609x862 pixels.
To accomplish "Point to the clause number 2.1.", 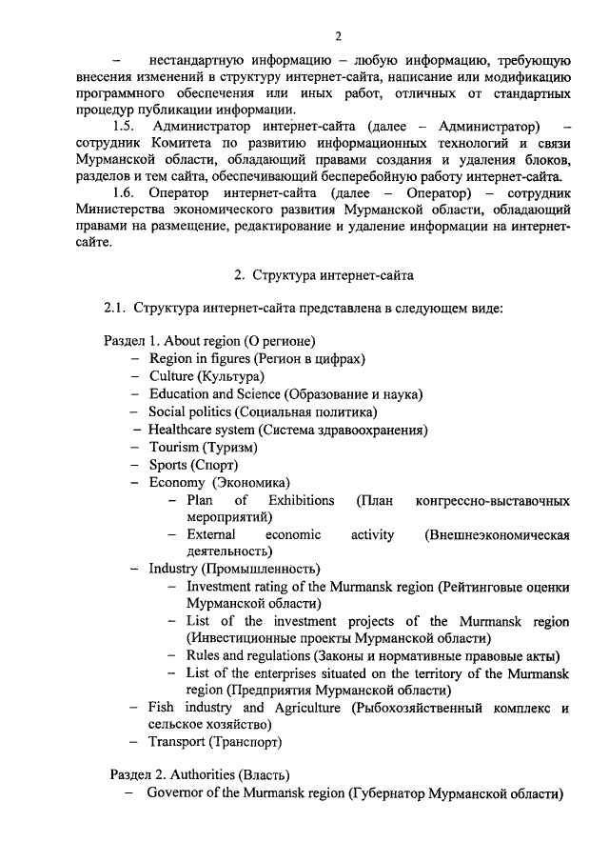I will (114, 309).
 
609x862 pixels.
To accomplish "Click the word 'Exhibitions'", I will (302, 500).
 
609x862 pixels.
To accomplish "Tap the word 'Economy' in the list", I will (175, 483).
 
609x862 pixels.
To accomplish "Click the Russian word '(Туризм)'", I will (230, 447).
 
